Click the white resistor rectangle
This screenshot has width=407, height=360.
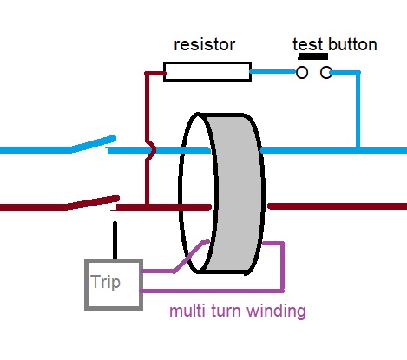point(207,71)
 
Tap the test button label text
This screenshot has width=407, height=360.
point(334,44)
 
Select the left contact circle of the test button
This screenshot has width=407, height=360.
point(302,73)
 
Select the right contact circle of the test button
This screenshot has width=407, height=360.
point(326,73)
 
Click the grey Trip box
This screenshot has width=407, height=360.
point(113,284)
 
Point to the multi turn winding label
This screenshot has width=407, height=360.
point(237,311)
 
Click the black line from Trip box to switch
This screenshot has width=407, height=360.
point(114,240)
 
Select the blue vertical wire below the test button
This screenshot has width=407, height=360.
point(357,113)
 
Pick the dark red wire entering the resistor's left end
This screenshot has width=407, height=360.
point(153,73)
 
